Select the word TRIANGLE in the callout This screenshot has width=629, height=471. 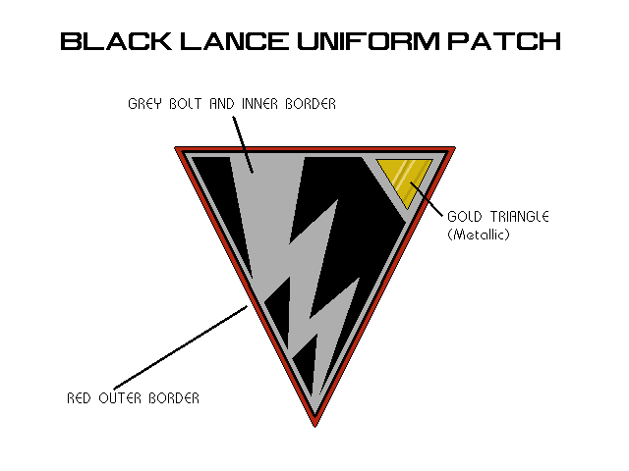(x=518, y=216)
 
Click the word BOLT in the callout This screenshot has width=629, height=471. (x=188, y=104)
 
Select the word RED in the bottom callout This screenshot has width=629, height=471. (x=80, y=398)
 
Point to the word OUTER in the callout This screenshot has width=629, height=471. (x=121, y=398)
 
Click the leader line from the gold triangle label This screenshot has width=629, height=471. (x=427, y=194)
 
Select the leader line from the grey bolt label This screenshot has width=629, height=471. (x=242, y=141)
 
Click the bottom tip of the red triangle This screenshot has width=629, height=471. (x=315, y=425)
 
